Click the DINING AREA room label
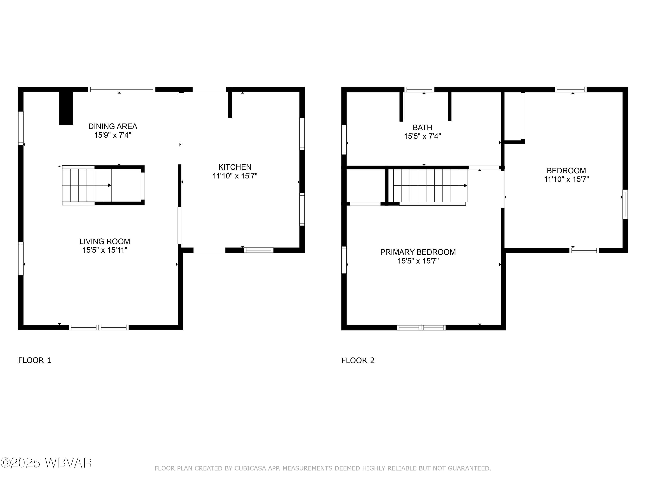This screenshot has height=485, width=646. point(113,126)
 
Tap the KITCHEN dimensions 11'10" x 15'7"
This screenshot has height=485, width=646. point(235,176)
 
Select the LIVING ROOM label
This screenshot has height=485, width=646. point(105,241)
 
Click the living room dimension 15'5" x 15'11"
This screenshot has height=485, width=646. point(105,250)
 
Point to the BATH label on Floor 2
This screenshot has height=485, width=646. point(422,127)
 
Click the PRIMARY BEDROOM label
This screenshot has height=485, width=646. point(418,252)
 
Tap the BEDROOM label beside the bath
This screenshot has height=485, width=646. point(566,171)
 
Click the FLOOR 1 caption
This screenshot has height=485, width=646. point(34,360)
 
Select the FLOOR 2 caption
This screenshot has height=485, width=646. point(358,360)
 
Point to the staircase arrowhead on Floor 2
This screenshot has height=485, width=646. point(465,186)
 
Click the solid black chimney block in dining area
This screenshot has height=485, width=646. point(66,108)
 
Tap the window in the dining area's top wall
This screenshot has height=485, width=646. point(122,89)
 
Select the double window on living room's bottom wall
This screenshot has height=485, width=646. point(99,327)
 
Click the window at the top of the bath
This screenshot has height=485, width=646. point(419,89)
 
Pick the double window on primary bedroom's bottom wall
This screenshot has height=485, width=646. point(421,328)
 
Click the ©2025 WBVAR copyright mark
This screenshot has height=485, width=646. point(46,463)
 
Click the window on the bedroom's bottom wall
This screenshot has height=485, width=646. point(584,250)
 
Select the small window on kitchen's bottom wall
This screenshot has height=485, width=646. point(258,250)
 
